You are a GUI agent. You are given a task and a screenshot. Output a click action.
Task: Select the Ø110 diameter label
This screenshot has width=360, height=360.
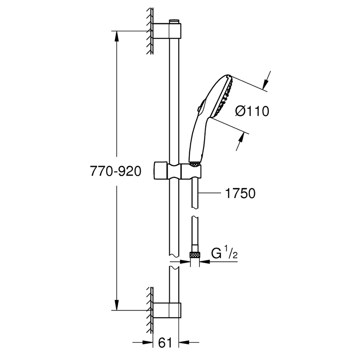(x=252, y=111)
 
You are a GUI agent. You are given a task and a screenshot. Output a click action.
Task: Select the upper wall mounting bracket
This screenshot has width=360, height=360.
(x=167, y=31)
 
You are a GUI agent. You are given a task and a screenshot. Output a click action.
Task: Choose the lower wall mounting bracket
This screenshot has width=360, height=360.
(x=167, y=310)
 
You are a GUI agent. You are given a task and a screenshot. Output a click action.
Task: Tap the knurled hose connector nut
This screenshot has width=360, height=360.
(x=195, y=255)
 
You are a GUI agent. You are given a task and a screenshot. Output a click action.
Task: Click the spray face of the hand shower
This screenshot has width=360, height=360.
(x=224, y=97)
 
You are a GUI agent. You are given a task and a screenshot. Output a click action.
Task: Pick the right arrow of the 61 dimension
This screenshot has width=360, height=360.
(x=185, y=342)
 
